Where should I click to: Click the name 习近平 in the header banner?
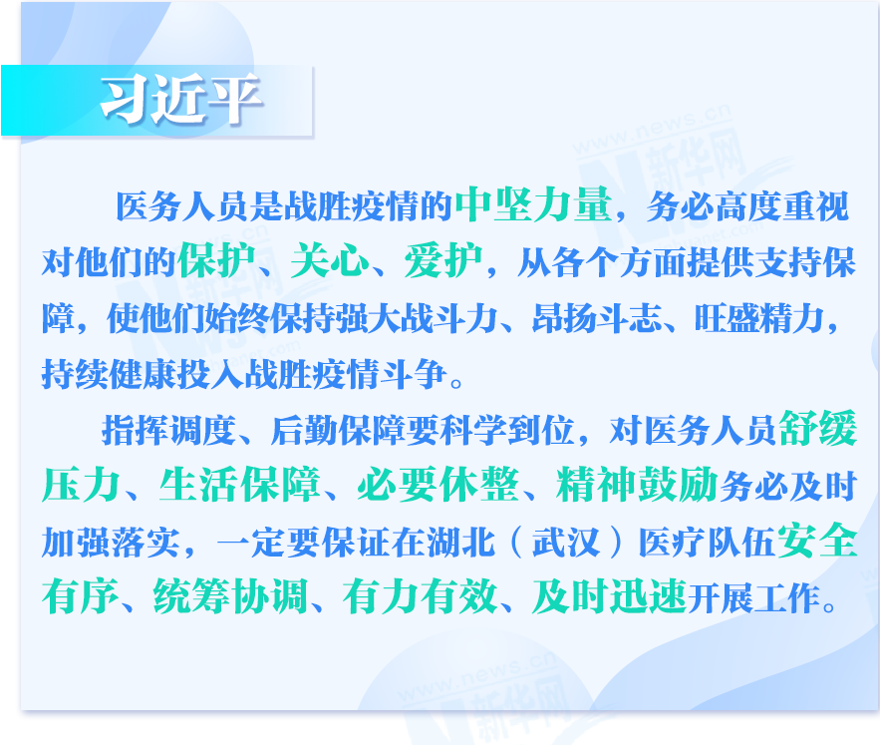[181, 100]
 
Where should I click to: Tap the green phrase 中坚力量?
[533, 204]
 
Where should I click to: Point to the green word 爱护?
[443, 260]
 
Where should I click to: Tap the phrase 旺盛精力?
[759, 318]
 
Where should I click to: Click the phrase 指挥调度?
[168, 431]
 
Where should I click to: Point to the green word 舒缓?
[817, 428]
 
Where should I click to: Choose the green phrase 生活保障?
[239, 485]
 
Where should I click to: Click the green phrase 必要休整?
[439, 485]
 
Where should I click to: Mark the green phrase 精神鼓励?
[637, 485]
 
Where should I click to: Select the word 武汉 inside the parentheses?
[566, 543]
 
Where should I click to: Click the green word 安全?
[817, 540]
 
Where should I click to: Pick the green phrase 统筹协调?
[231, 596]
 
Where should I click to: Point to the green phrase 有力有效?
[421, 596]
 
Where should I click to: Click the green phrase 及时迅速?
[610, 596]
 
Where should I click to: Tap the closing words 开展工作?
[754, 598]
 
